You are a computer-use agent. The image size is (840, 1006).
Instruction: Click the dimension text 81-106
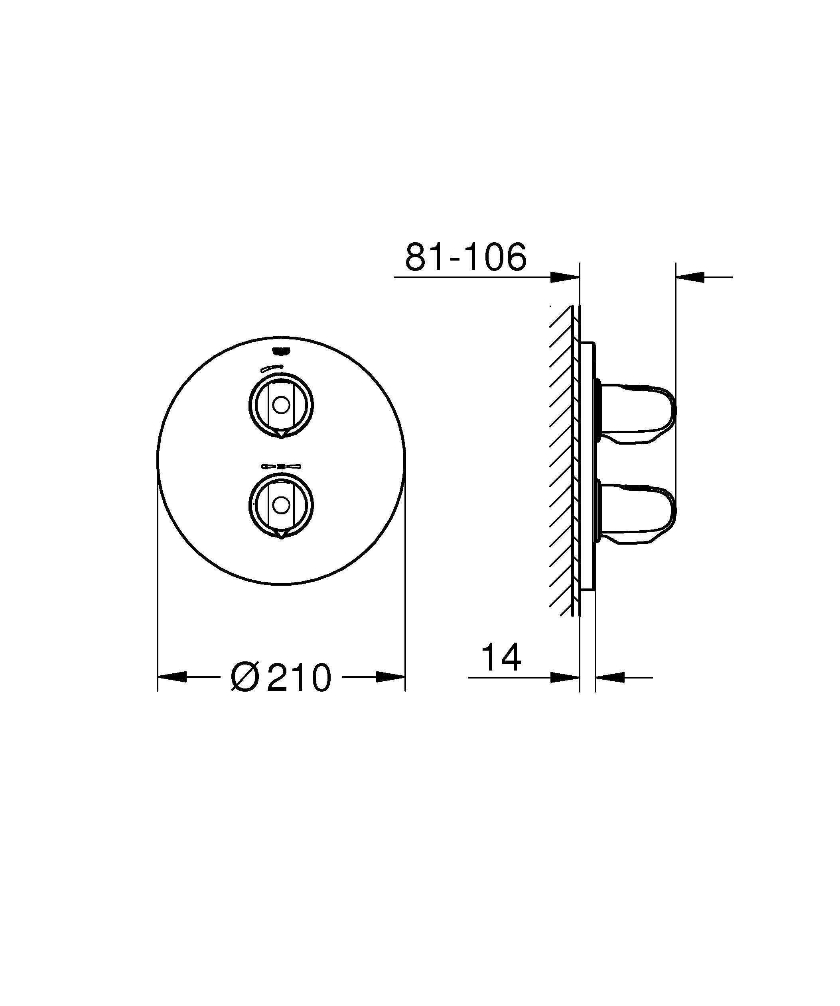pyautogui.click(x=465, y=257)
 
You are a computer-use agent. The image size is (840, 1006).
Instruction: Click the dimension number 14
pyautogui.click(x=501, y=658)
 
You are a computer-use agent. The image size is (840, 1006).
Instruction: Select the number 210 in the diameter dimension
pyautogui.click(x=299, y=677)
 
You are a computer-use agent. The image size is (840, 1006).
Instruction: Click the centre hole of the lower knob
pyautogui.click(x=281, y=504)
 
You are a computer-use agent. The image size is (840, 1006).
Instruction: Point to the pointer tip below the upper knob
pyautogui.click(x=281, y=436)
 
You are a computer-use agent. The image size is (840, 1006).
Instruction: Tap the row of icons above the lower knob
pyautogui.click(x=281, y=465)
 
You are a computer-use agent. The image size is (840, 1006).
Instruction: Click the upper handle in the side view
pyautogui.click(x=638, y=412)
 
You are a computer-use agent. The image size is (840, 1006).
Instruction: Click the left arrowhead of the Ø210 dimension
pyautogui.click(x=172, y=677)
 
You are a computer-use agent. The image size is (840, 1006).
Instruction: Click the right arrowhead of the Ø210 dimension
pyautogui.click(x=391, y=677)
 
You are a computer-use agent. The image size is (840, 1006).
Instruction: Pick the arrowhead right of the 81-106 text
pyautogui.click(x=565, y=277)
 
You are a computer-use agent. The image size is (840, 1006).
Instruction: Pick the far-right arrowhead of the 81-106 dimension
pyautogui.click(x=690, y=277)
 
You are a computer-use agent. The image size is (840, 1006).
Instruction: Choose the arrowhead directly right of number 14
pyautogui.click(x=565, y=677)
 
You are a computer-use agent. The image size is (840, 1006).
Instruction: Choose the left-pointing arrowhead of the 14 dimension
pyautogui.click(x=610, y=677)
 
